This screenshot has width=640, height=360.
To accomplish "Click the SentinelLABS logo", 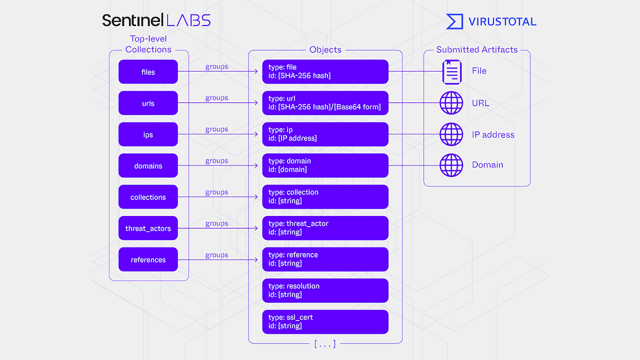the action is pos(156,20).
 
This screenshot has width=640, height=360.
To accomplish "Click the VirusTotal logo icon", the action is pos(454,21).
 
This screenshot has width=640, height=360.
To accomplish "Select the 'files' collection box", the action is pos(148,71).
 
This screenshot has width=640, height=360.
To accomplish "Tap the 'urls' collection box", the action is pos(148,103).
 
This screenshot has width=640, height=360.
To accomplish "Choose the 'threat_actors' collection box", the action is pos(148,228).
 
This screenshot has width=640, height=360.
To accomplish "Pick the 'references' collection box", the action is pos(148,259).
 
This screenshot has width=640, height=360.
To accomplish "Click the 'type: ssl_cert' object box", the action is pos(325,322).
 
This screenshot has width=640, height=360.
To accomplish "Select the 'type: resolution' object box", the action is pos(325,291).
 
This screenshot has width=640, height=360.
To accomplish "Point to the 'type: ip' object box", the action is pos(325,134).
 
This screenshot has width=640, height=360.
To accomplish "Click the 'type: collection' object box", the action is pos(325,197).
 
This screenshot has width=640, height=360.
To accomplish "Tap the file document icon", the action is pos(452,72).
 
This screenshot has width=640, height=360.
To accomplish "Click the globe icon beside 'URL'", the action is pos(451,103).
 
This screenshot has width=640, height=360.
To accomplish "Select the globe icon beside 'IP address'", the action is pos(451,134).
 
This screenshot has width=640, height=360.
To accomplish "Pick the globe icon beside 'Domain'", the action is pos(451,165).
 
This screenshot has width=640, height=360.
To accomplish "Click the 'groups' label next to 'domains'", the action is pos(217,161).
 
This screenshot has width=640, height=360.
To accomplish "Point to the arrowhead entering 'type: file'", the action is pos(257,71).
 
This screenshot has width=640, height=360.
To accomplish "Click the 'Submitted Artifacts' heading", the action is pos(477,50).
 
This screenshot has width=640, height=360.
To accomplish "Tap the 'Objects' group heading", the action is pos(325,50).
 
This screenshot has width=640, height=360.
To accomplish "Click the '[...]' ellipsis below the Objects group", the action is pos(325,344).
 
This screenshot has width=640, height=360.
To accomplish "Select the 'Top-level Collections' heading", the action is pos(148,44).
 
